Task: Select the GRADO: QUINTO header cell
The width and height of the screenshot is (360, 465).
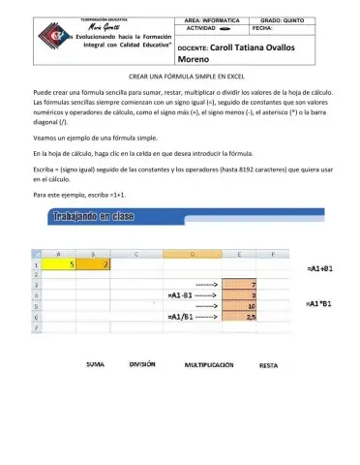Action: pos(283,19)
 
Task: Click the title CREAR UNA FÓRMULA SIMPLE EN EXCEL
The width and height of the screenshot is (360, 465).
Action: pos(180,75)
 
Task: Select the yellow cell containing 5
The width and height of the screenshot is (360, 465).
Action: pos(61,264)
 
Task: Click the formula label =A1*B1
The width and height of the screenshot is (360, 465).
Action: pos(320,303)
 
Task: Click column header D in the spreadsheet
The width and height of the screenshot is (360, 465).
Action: pos(194,254)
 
